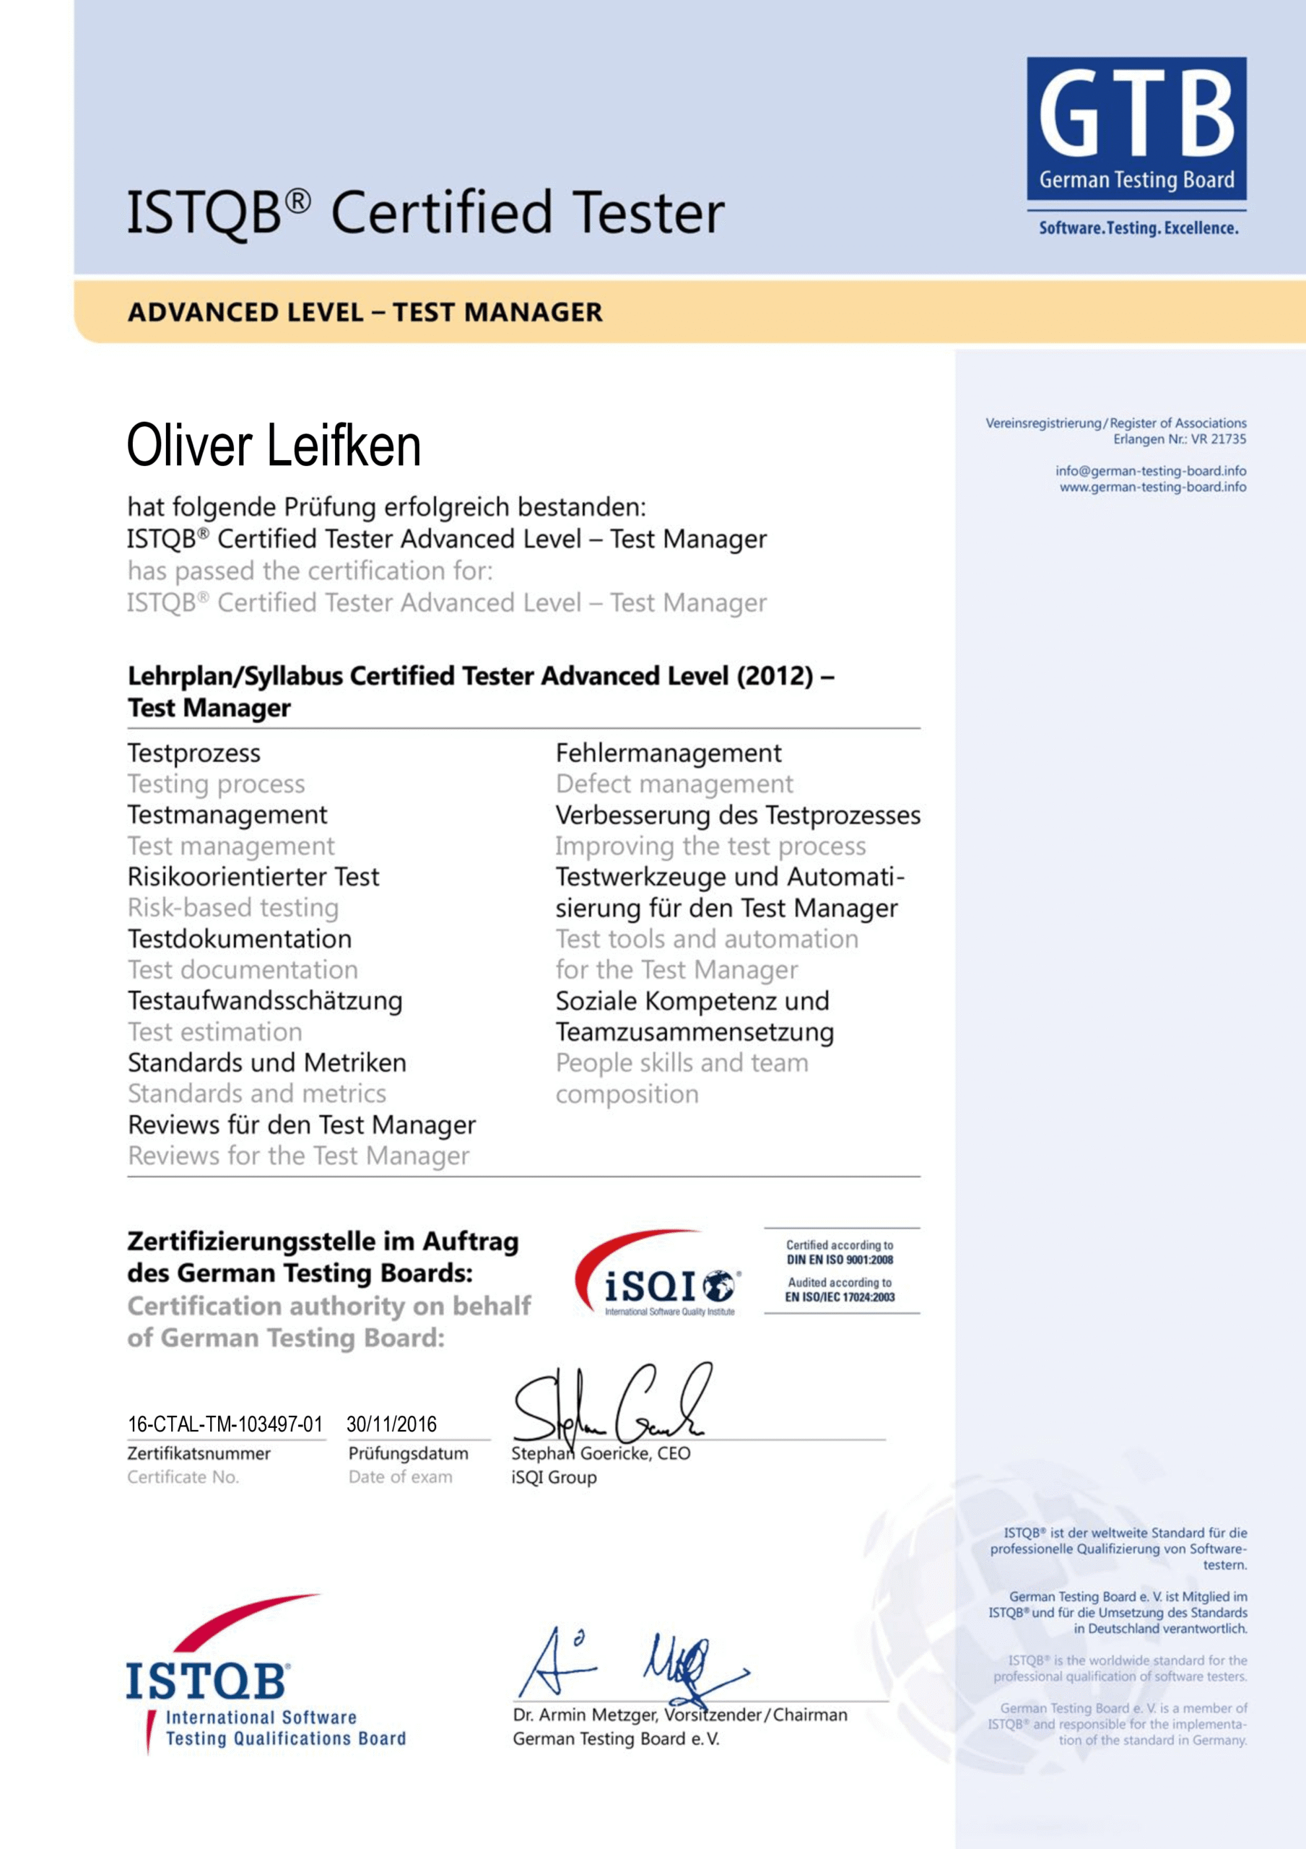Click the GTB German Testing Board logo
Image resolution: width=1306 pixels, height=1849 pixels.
tap(1136, 128)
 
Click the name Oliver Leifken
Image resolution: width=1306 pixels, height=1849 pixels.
tap(274, 446)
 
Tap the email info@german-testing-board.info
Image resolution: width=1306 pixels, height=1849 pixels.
tap(1151, 471)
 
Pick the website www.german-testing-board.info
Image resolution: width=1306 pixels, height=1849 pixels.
tap(1152, 488)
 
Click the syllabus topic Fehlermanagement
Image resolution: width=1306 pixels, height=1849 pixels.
tap(669, 753)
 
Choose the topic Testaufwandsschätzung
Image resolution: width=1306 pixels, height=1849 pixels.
tap(265, 1001)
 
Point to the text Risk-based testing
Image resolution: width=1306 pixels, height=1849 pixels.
tap(232, 908)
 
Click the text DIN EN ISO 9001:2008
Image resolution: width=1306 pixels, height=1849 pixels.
tap(840, 1260)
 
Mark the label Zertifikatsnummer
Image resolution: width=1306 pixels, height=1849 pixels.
tap(199, 1454)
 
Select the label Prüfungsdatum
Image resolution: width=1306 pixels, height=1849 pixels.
tap(408, 1454)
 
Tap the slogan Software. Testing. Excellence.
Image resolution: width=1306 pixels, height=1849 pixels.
tap(1138, 228)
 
